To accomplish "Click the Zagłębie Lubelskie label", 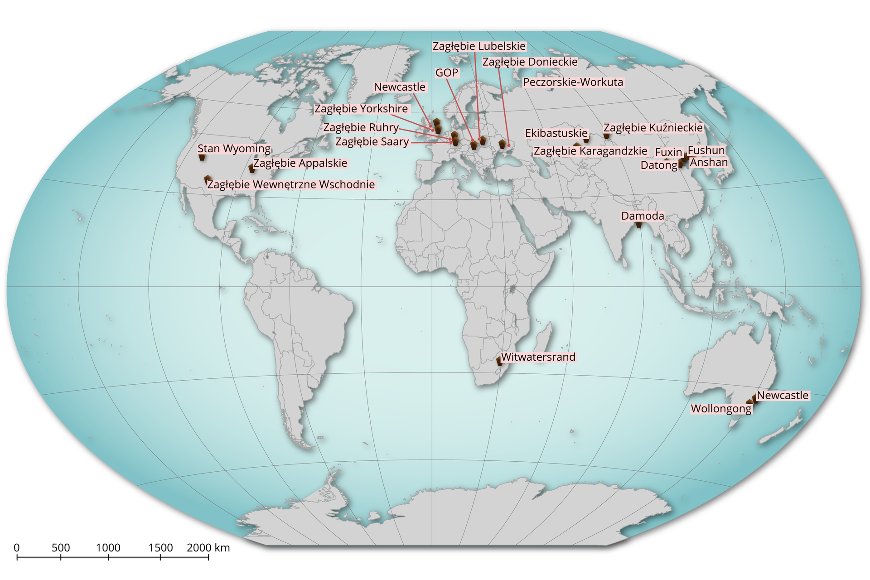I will coord(479,46).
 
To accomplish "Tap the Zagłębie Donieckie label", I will coord(530,62).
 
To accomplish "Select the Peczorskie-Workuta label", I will coord(573,82).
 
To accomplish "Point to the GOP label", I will coord(447,73).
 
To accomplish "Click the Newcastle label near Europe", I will coord(400,87).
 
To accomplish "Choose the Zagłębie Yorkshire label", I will coord(361,109).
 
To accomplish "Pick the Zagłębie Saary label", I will coord(372,142).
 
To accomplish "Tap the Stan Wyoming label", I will coord(234,149).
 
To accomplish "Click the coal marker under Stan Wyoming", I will coord(202,157).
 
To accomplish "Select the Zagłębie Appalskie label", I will coord(300,163).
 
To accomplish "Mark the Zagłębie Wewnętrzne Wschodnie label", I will coord(291,184).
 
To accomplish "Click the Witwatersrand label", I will coord(538,357).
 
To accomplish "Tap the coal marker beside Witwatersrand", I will coord(499,361).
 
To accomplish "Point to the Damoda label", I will coord(642,216).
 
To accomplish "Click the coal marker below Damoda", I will coord(639,224).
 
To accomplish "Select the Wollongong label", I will coord(721,409).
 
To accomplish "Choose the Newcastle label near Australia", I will coord(783,396).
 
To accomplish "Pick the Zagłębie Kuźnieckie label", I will coord(653,128).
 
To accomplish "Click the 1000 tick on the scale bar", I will coord(108,557).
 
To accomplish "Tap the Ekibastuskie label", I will coord(556,133).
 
